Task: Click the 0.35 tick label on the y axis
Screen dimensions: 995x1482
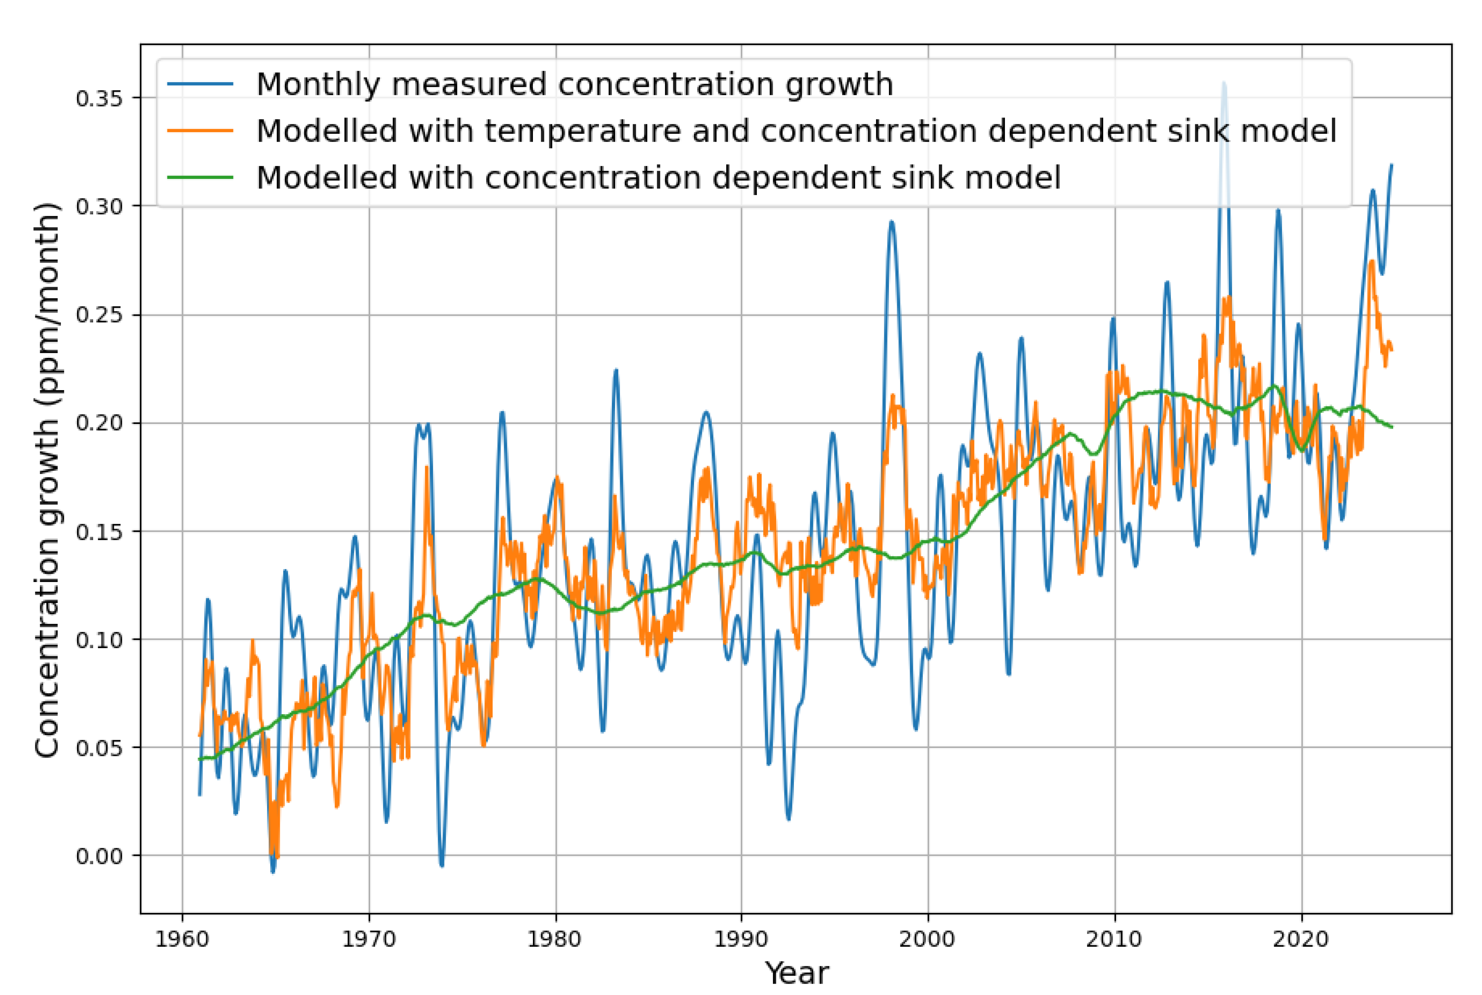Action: click(99, 98)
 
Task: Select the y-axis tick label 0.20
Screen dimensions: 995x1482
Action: click(99, 423)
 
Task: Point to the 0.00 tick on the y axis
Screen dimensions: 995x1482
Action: click(99, 856)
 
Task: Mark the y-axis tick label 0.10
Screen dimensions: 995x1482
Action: click(99, 639)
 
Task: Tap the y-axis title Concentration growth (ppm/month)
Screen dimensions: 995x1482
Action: click(48, 480)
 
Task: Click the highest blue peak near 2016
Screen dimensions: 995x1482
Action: click(1224, 83)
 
